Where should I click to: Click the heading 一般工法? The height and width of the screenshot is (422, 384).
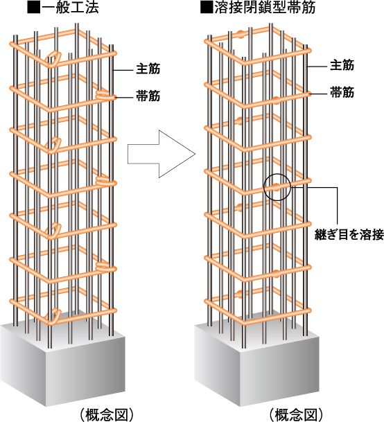(70, 8)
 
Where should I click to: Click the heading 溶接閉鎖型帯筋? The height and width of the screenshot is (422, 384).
(265, 8)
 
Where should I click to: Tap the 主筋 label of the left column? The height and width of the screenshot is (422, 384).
(148, 69)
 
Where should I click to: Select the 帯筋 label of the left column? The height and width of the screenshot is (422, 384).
(148, 96)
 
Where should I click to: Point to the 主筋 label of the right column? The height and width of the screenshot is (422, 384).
(342, 65)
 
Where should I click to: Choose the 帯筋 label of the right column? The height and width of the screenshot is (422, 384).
(342, 92)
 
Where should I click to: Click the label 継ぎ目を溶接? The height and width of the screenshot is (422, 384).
(349, 235)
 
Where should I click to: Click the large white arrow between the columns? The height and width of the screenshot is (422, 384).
(162, 154)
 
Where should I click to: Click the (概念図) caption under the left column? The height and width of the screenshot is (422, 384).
(107, 415)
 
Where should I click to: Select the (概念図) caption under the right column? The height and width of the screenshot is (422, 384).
(296, 415)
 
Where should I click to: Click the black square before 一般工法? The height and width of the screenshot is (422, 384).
(34, 8)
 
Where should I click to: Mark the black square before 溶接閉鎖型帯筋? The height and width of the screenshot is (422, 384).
(207, 8)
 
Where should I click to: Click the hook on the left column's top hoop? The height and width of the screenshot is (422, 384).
(53, 60)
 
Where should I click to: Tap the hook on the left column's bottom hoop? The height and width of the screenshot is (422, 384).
(53, 317)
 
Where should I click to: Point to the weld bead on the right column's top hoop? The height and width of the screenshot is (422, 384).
(241, 35)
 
